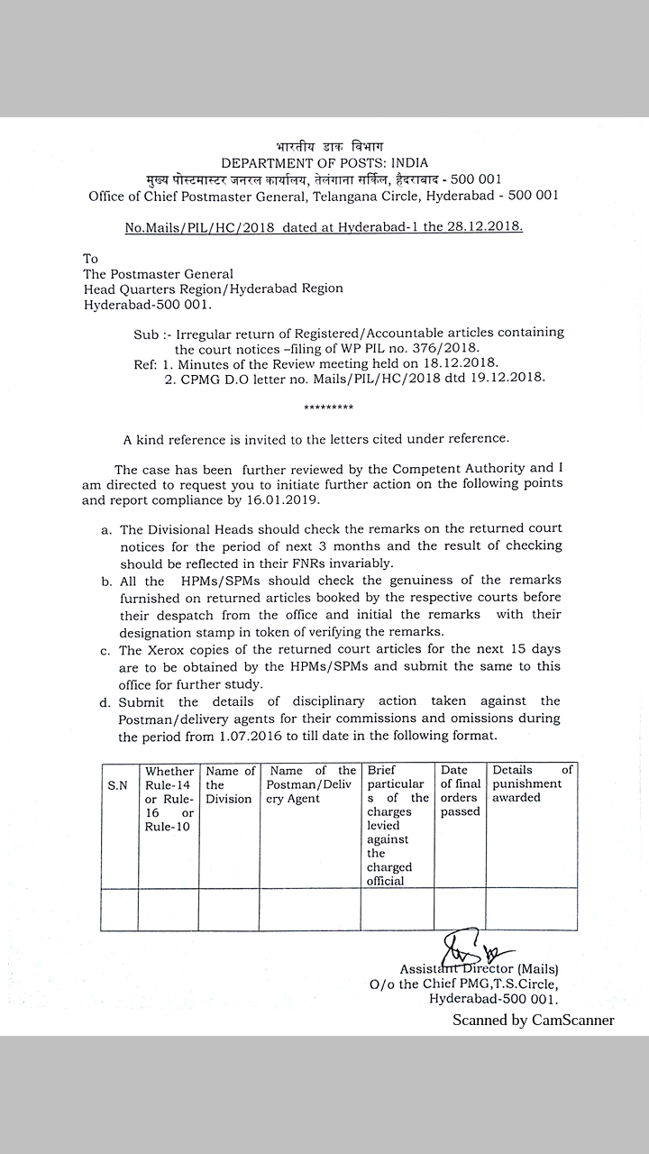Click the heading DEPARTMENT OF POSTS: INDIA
324,162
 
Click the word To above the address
90,259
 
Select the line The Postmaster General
158,274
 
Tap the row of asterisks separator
329,408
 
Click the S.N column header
117,785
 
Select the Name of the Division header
229,785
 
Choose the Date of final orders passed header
460,791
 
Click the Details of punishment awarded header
532,784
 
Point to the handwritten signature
471,948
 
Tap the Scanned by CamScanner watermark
533,1021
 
